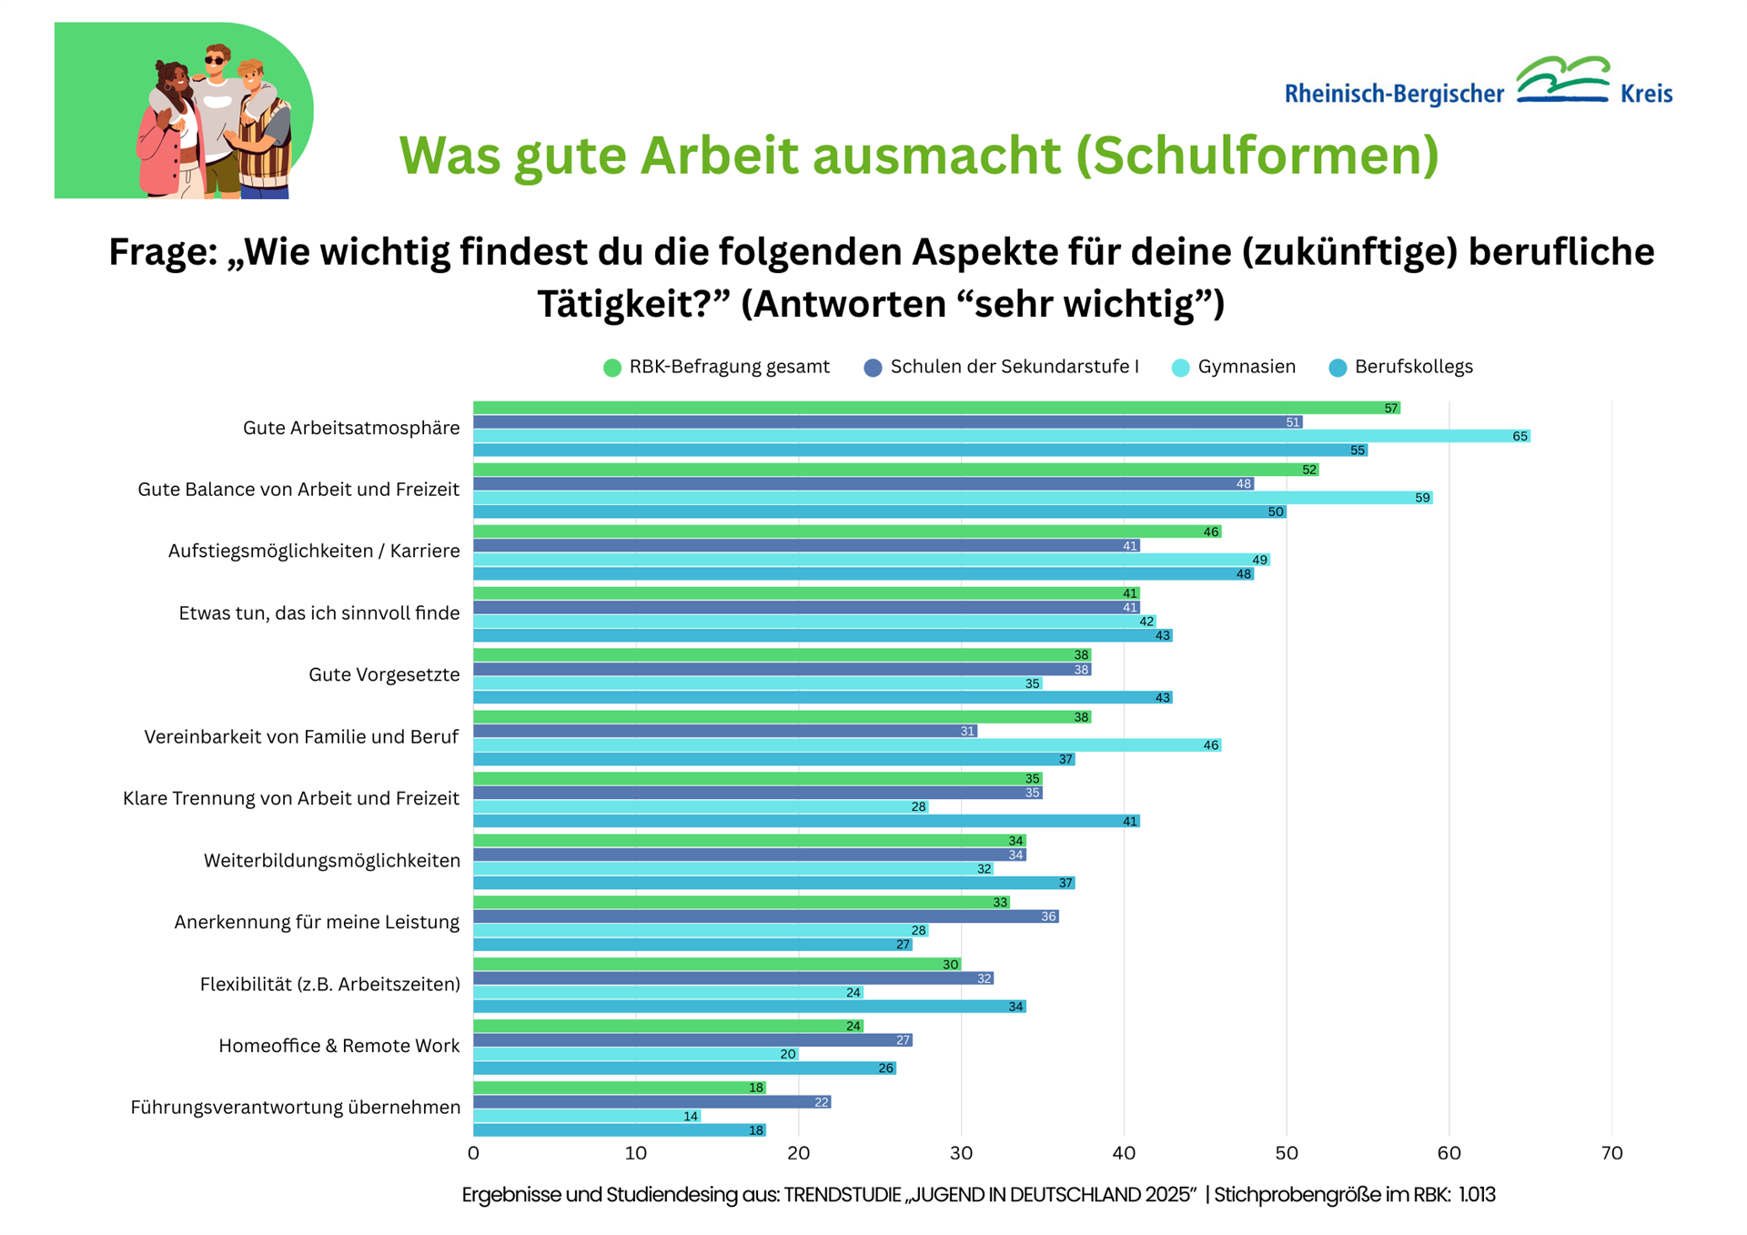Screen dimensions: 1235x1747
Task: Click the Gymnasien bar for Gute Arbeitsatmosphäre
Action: click(1001, 436)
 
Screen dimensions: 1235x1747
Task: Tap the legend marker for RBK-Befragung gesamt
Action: click(612, 368)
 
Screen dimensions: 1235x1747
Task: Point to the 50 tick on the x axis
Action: click(1286, 1153)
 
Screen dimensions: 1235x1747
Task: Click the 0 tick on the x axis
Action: click(473, 1153)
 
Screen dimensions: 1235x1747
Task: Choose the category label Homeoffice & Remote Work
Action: click(338, 1046)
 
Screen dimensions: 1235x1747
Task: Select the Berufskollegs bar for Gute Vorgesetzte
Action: click(823, 697)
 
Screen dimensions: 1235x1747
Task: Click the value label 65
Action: click(1520, 437)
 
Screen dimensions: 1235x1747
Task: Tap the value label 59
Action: click(1422, 498)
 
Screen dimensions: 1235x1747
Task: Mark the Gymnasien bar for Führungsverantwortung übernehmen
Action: click(587, 1116)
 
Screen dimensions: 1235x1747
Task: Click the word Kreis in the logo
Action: click(1646, 94)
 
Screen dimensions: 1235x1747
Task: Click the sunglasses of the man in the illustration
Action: click(215, 61)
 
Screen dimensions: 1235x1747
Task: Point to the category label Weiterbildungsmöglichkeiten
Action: click(331, 860)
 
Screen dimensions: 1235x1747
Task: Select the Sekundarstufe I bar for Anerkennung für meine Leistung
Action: click(765, 916)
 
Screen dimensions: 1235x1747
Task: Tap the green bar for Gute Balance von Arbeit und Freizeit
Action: click(895, 470)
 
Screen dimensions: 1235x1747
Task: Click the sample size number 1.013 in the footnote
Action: click(1477, 1195)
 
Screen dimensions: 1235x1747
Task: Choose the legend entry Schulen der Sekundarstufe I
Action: click(1014, 367)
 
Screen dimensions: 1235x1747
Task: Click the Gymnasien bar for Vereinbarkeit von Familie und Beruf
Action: click(846, 744)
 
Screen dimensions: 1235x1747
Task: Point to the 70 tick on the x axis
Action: click(1611, 1153)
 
